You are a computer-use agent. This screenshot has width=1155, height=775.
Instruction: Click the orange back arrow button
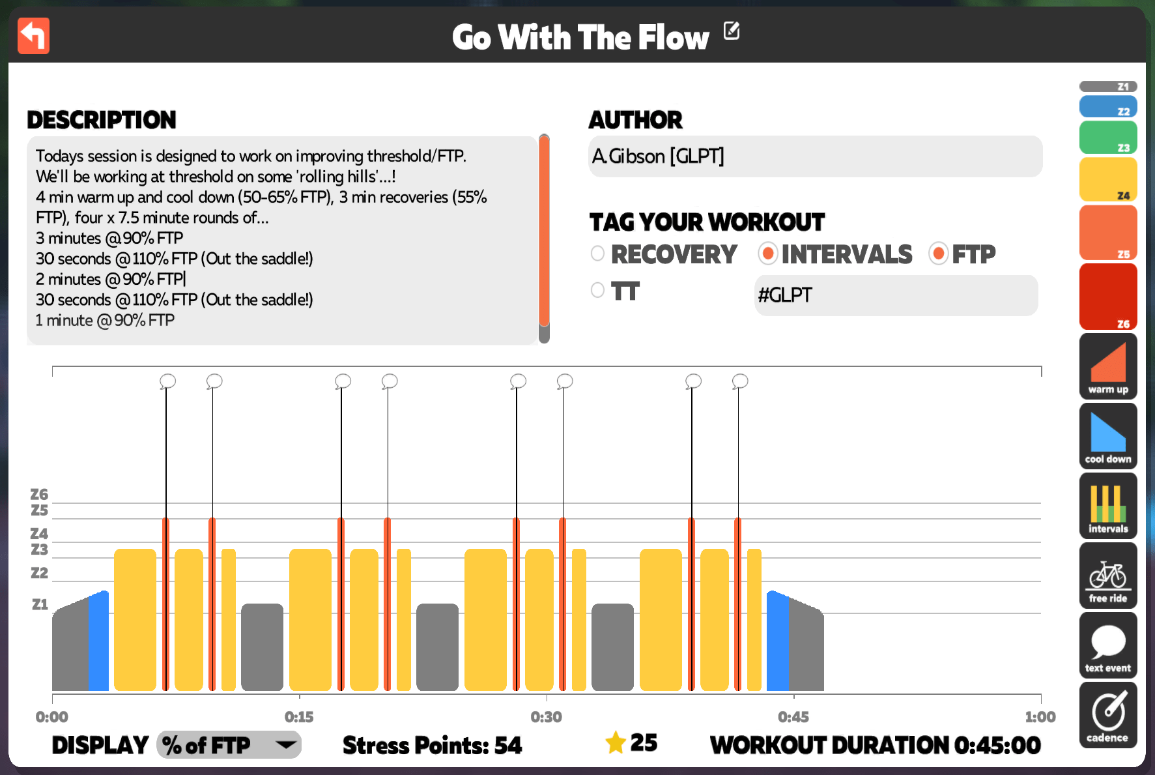tap(34, 36)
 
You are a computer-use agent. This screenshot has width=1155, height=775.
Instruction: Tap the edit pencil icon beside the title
tap(732, 31)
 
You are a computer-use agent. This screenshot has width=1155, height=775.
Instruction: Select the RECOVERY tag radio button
tap(597, 254)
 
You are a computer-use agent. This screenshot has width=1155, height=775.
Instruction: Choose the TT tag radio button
tap(597, 290)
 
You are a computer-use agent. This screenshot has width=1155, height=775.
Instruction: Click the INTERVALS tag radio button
tap(768, 254)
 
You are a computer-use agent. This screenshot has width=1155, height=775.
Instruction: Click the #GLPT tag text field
tap(896, 295)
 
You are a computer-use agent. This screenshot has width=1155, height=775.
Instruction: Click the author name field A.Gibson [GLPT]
tap(815, 156)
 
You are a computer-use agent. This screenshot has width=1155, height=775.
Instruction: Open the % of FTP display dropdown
tap(229, 744)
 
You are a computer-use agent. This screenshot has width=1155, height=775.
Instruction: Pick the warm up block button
tap(1108, 366)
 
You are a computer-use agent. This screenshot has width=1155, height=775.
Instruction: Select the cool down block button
tap(1108, 436)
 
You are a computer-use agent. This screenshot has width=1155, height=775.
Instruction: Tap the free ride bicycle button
tap(1108, 576)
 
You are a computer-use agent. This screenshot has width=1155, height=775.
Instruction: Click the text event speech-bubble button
tap(1108, 645)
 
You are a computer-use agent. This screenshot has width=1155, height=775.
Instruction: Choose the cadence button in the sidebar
tap(1108, 715)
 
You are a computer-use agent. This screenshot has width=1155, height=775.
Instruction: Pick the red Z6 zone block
tap(1108, 297)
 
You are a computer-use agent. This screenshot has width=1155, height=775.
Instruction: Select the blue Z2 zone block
tap(1108, 107)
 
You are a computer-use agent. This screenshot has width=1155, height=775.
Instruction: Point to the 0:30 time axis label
tap(546, 717)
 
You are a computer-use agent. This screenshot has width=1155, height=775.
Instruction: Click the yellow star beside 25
tap(616, 742)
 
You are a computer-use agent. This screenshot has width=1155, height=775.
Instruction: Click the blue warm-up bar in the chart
tap(98, 641)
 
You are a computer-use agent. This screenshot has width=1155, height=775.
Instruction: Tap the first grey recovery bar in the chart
tap(262, 647)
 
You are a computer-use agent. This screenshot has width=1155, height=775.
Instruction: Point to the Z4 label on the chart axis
tap(39, 534)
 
